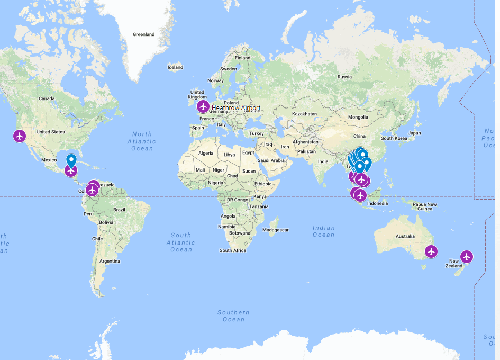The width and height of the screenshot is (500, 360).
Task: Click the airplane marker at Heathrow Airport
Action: pyautogui.click(x=203, y=107)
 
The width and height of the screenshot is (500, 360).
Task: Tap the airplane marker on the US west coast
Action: pyautogui.click(x=20, y=136)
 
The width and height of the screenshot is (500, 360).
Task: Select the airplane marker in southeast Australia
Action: pyautogui.click(x=432, y=251)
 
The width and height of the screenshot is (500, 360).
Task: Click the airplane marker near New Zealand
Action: pyautogui.click(x=466, y=257)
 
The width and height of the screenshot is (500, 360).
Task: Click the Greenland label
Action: pyautogui.click(x=143, y=34)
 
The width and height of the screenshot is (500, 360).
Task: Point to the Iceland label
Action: pyautogui.click(x=175, y=67)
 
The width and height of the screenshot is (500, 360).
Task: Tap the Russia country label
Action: pyautogui.click(x=344, y=77)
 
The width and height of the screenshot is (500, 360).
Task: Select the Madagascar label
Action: pyautogui.click(x=276, y=230)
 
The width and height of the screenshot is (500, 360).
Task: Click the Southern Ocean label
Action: pyautogui.click(x=233, y=316)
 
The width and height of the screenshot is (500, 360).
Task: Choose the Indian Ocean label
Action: pyautogui.click(x=323, y=231)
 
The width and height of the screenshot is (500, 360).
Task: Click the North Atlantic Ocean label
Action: pyautogui.click(x=142, y=141)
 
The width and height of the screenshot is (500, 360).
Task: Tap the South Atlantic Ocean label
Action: pyautogui.click(x=181, y=242)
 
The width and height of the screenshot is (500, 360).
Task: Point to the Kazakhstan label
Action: pyautogui.click(x=305, y=114)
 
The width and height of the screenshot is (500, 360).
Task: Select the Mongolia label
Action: pyautogui.click(x=358, y=117)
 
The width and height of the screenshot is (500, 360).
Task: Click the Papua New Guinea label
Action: pyautogui.click(x=425, y=206)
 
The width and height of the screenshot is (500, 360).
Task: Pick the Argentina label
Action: pyautogui.click(x=110, y=261)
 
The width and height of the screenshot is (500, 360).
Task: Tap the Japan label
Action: pyautogui.click(x=414, y=133)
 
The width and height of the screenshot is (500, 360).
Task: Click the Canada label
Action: pyautogui.click(x=47, y=98)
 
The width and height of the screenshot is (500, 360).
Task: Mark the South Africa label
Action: pyautogui.click(x=233, y=250)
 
